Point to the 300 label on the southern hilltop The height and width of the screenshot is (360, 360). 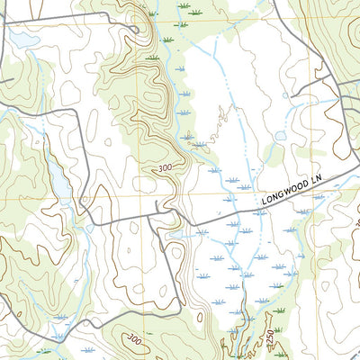pyautogui.click(x=135, y=338)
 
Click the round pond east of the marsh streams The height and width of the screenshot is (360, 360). pyautogui.click(x=281, y=136)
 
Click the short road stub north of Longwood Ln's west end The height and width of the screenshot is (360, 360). pyautogui.click(x=158, y=209)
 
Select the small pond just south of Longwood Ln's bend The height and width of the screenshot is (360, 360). pyautogui.click(x=176, y=235)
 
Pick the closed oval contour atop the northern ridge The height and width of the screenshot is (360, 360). pyautogui.click(x=134, y=13)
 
